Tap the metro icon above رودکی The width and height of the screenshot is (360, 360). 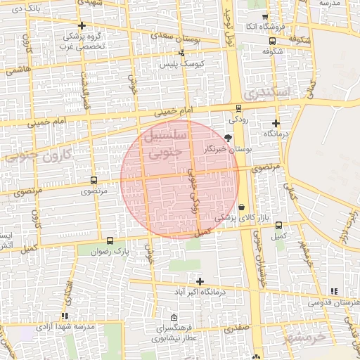[239, 108]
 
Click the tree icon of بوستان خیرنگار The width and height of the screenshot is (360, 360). [227, 138]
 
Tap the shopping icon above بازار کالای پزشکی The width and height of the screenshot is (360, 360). [243, 207]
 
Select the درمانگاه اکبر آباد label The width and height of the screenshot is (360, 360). [201, 291]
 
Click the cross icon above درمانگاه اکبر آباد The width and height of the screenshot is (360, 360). [200, 281]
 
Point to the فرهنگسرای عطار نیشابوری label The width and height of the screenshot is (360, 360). [175, 333]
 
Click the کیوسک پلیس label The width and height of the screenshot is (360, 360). [182, 64]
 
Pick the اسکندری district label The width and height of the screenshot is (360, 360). [264, 93]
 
